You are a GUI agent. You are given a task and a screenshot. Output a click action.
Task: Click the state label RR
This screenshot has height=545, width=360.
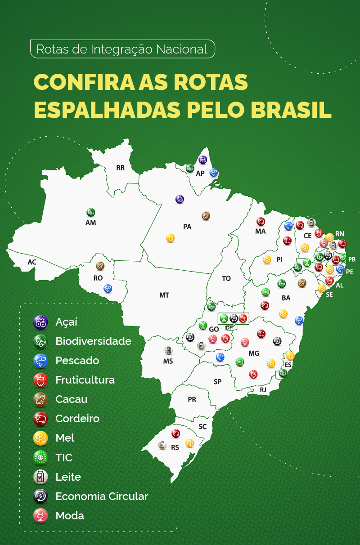(120, 168)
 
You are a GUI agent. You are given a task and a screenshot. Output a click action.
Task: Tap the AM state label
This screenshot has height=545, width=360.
(90, 223)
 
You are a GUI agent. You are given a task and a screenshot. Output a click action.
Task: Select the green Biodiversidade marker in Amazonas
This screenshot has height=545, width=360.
(90, 212)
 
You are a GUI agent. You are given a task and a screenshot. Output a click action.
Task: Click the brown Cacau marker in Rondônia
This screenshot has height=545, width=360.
(100, 266)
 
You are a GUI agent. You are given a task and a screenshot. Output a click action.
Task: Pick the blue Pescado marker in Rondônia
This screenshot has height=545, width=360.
(108, 288)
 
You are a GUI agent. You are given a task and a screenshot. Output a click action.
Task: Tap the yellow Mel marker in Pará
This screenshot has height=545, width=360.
(170, 238)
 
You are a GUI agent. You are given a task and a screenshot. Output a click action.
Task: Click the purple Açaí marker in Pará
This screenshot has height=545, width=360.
(180, 199)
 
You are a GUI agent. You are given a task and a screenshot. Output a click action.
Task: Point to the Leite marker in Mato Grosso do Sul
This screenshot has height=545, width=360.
(168, 350)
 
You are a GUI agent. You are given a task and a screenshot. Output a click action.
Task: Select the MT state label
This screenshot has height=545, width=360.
(164, 295)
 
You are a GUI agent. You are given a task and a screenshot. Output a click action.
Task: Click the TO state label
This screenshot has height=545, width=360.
(226, 278)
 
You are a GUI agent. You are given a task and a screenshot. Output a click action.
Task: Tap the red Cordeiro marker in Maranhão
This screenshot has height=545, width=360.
(261, 221)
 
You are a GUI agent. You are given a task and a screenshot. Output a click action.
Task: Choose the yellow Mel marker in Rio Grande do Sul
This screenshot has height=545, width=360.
(189, 443)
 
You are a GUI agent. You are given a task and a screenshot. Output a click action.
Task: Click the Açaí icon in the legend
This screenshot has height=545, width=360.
(40, 322)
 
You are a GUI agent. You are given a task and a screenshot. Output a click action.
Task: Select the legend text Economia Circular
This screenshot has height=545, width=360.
(102, 496)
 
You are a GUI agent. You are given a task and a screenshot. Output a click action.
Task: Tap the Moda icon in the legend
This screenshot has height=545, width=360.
(40, 516)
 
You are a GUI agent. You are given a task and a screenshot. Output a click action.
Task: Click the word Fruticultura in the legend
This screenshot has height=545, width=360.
(85, 380)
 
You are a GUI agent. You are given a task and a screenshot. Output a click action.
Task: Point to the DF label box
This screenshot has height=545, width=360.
(229, 328)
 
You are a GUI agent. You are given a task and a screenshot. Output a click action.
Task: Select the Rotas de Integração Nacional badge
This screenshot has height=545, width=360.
(122, 49)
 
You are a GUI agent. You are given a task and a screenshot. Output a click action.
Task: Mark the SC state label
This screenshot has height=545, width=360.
(202, 426)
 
